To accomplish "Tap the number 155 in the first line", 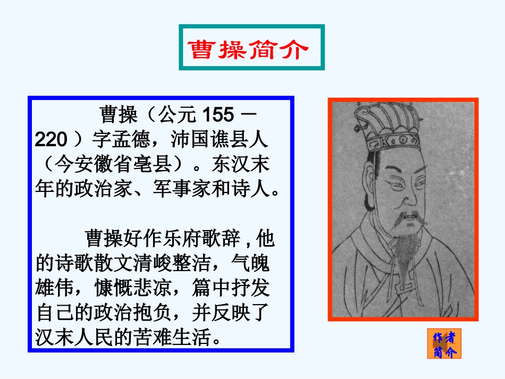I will [216, 114].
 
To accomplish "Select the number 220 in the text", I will [51, 140].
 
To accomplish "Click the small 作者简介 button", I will [444, 344].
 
